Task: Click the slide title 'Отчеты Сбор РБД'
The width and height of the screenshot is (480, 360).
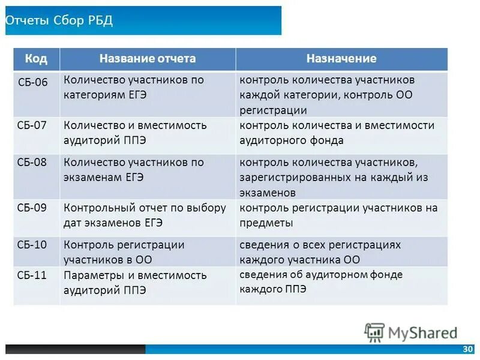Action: pyautogui.click(x=59, y=20)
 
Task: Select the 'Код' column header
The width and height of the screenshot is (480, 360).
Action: pyautogui.click(x=36, y=59)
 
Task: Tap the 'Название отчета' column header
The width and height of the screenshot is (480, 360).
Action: pyautogui.click(x=148, y=59)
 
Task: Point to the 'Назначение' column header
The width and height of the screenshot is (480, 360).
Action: pyautogui.click(x=341, y=59)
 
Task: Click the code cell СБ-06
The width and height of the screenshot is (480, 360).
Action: pyautogui.click(x=32, y=80)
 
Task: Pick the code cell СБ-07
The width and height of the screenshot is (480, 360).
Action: pyautogui.click(x=32, y=125)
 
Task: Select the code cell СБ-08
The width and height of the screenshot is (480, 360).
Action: pyautogui.click(x=32, y=162)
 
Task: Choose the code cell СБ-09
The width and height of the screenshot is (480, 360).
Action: pyautogui.click(x=32, y=208)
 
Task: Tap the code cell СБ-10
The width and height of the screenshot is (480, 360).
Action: pyautogui.click(x=32, y=245)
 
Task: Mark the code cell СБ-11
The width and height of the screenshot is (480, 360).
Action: pyautogui.click(x=32, y=275)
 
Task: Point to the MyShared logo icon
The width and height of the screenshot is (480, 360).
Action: pyautogui.click(x=374, y=332)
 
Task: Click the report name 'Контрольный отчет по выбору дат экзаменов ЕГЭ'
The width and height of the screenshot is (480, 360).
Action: pyautogui.click(x=145, y=215)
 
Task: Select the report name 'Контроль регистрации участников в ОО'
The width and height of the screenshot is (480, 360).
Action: pyautogui.click(x=124, y=252)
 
